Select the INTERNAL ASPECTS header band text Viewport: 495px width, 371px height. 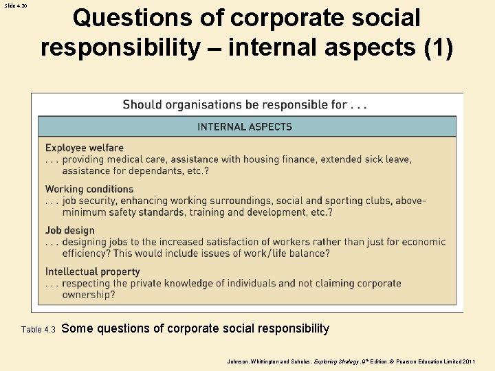coord(245,126)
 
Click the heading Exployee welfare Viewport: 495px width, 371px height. coord(85,148)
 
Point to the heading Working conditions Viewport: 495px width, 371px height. coord(89,189)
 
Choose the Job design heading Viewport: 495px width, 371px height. coord(70,231)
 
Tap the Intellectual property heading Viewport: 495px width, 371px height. coord(93,272)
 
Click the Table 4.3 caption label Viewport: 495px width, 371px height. coord(38,330)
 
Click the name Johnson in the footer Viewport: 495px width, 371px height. coord(239,360)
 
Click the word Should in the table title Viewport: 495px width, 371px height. coord(142,105)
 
